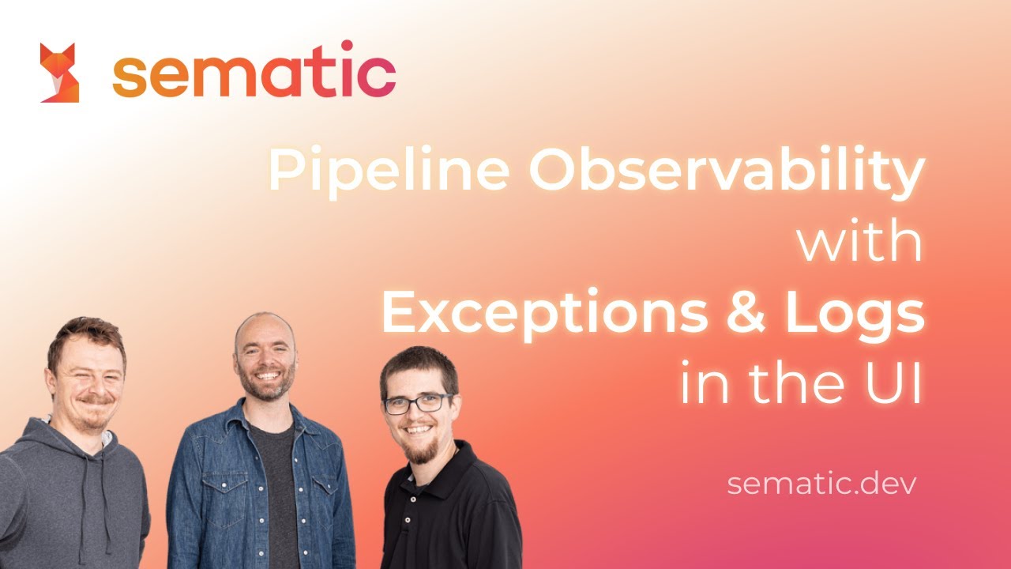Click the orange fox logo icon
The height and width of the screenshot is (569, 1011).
click(x=59, y=73)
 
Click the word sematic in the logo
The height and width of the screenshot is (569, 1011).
click(x=254, y=75)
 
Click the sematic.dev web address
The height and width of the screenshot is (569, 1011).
click(x=821, y=483)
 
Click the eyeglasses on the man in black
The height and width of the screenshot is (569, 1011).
click(x=418, y=403)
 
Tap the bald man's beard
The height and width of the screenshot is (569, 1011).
click(x=266, y=387)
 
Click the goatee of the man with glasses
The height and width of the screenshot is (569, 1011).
click(x=418, y=451)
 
